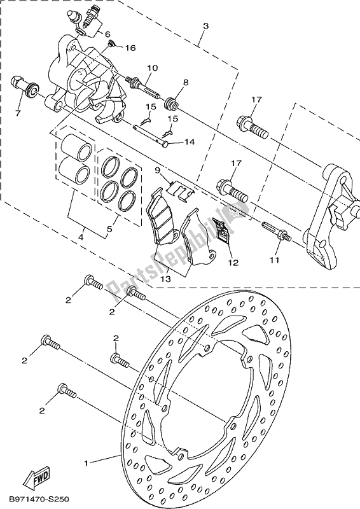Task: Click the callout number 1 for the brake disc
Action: click(x=87, y=463)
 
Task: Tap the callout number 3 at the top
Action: click(x=205, y=26)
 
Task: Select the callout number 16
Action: click(x=130, y=48)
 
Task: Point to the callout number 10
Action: click(x=152, y=68)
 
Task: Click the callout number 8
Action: click(x=185, y=83)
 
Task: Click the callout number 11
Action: click(x=275, y=260)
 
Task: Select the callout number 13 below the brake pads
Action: click(x=165, y=279)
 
